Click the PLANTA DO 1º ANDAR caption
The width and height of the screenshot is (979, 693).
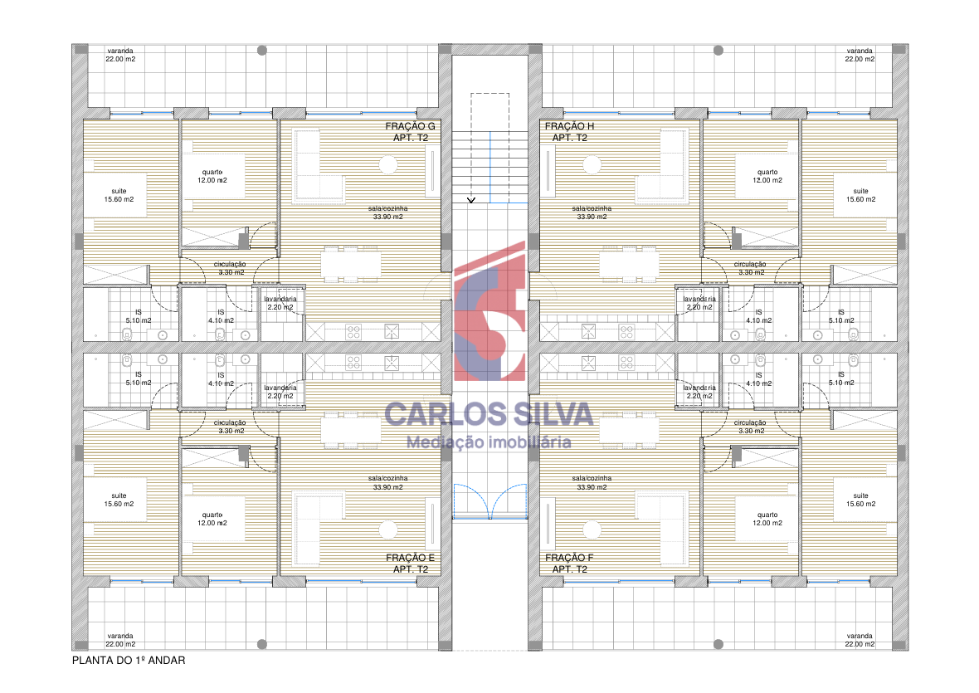pyautogui.click(x=129, y=660)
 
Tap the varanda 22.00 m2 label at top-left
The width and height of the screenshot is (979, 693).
pyautogui.click(x=119, y=55)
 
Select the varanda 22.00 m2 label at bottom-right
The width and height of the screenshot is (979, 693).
pyautogui.click(x=860, y=640)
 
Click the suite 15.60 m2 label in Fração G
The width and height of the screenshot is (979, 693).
pyautogui.click(x=119, y=195)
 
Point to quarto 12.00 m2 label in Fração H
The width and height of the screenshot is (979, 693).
pyautogui.click(x=767, y=176)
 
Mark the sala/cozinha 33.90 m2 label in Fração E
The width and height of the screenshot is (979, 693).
pyautogui.click(x=387, y=482)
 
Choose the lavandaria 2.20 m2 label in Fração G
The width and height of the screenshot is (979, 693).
pyautogui.click(x=280, y=303)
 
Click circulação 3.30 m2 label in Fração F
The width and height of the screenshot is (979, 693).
pyautogui.click(x=751, y=427)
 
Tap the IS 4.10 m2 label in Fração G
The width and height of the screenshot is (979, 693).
pyautogui.click(x=221, y=316)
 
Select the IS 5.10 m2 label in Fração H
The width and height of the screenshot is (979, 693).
pyautogui.click(x=841, y=316)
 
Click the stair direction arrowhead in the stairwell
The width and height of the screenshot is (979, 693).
pyautogui.click(x=471, y=200)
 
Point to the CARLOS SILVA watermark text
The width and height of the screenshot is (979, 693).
pyautogui.click(x=488, y=414)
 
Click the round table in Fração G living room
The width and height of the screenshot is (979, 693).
pyautogui.click(x=387, y=165)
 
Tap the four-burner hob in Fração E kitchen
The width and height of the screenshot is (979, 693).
pyautogui.click(x=353, y=362)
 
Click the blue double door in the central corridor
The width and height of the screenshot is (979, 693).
pyautogui.click(x=490, y=501)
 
